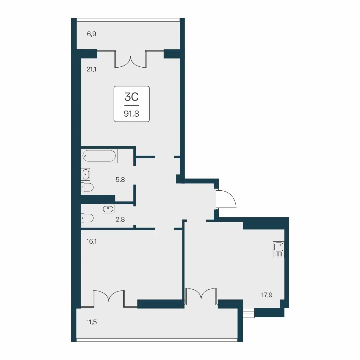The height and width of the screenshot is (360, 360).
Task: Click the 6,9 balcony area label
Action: [x=91, y=34]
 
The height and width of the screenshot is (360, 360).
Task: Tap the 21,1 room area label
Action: [x=91, y=69]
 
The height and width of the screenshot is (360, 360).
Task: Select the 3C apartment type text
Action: [x=132, y=97]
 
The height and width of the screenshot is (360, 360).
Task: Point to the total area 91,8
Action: [x=132, y=114]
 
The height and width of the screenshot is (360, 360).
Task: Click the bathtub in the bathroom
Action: [x=99, y=156]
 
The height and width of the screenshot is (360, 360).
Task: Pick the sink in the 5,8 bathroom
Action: [x=86, y=174]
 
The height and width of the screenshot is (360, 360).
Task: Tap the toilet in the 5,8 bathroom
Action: [x=87, y=187]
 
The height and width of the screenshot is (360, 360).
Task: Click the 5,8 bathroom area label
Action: [x=120, y=179]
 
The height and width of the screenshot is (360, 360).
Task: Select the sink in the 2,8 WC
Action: [x=108, y=209]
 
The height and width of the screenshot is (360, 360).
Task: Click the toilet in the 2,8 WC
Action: [x=87, y=218]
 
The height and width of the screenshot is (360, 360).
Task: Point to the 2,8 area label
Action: [x=120, y=220]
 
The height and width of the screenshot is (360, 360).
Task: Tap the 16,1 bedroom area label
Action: [x=91, y=241]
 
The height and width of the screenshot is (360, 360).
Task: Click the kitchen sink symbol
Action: [x=278, y=249]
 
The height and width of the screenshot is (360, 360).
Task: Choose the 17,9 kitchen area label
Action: [x=267, y=295]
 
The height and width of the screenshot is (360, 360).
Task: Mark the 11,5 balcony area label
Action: [x=91, y=322]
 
